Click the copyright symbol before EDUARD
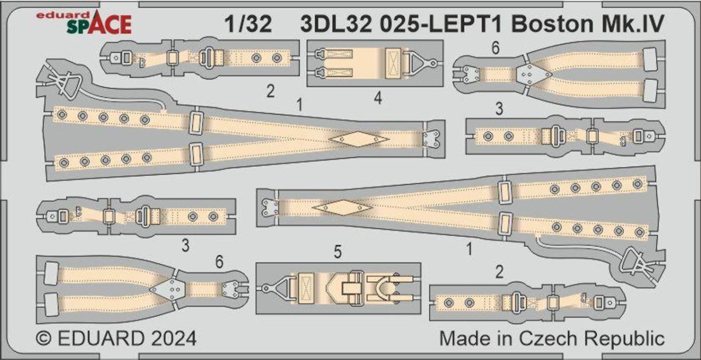(42, 339)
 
